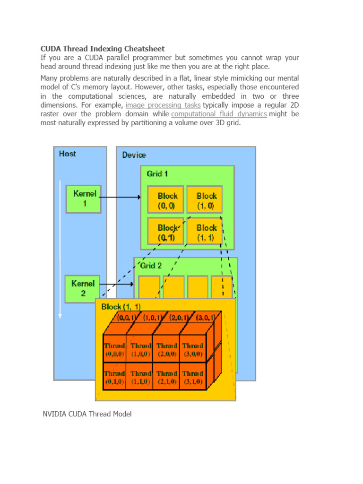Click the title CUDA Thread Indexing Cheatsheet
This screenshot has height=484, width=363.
[x=102, y=49]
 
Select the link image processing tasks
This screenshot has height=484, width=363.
[x=163, y=105]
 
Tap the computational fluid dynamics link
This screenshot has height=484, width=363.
[x=219, y=114]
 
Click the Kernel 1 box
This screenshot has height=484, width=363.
[x=83, y=199]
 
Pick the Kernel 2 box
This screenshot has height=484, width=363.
[x=82, y=289]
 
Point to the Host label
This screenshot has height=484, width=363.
[x=68, y=154]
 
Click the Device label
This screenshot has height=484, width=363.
[x=134, y=155]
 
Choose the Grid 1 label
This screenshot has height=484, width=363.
[x=157, y=173]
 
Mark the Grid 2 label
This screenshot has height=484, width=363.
[x=151, y=266]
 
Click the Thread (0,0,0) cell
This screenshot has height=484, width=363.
[x=115, y=349]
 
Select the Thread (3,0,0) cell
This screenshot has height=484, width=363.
[x=193, y=349]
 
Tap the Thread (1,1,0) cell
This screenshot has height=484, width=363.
[x=141, y=377]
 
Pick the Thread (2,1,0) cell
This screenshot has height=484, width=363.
[x=167, y=377]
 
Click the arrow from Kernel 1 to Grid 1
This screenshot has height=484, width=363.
[x=121, y=197]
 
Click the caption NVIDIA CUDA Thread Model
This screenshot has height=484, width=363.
[x=87, y=414]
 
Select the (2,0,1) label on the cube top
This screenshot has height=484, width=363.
[x=179, y=318]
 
